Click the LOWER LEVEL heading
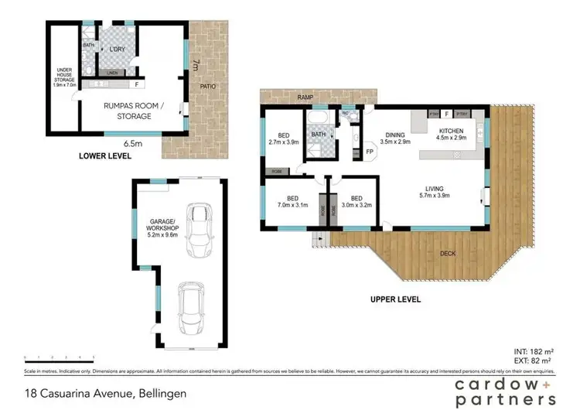pyautogui.click(x=105, y=156)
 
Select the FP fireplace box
pyautogui.click(x=369, y=152)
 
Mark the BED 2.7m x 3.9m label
pyautogui.click(x=283, y=138)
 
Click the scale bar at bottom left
pyautogui.click(x=60, y=358)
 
